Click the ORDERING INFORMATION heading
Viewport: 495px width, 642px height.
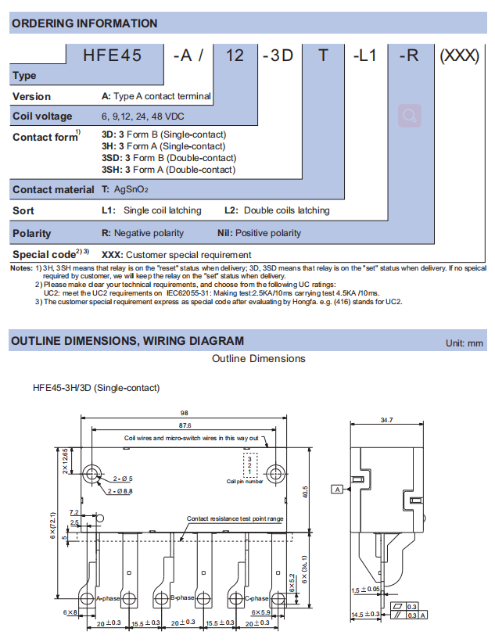84,23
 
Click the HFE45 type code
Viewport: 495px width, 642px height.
115,56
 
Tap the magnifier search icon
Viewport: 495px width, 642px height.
410,116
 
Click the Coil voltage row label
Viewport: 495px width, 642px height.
42,117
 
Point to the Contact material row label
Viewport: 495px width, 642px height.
54,189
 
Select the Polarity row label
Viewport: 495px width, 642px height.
32,233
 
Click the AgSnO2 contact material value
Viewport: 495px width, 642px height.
131,189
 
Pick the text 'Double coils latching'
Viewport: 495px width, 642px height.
286,210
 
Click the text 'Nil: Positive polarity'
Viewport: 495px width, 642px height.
259,233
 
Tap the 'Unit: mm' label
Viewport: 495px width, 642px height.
465,343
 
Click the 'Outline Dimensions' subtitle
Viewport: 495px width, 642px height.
259,359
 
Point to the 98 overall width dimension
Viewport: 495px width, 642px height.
185,413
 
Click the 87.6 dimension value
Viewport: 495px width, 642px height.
185,425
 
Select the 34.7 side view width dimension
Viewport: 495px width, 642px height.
386,421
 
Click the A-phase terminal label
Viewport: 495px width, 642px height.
107,598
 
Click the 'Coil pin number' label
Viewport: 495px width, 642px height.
245,481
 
